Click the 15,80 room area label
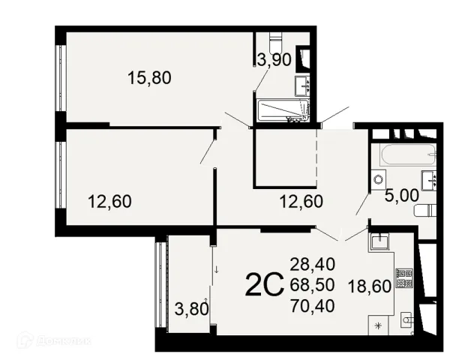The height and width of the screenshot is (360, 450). [149, 78]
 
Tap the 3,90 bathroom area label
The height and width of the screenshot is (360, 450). [274, 60]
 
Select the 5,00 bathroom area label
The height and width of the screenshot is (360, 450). [401, 196]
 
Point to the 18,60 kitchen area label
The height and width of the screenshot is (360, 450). [370, 286]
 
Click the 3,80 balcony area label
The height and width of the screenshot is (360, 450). [192, 310]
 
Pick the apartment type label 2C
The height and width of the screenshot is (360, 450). [265, 285]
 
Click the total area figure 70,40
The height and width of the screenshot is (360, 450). [313, 305]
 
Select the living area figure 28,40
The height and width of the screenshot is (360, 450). [313, 265]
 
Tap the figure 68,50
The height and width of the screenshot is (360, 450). [313, 285]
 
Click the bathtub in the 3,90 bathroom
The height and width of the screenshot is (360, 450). [283, 110]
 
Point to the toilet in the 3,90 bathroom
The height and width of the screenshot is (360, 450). [276, 41]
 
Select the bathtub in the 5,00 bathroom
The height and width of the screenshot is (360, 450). [408, 154]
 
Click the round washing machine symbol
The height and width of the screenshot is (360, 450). [378, 180]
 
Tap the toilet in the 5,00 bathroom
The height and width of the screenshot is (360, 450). [425, 211]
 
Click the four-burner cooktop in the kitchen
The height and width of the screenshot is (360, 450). [404, 278]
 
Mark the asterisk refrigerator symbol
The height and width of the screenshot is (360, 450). [379, 325]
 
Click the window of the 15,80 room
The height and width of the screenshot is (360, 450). [61, 78]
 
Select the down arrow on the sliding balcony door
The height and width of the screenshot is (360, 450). [217, 269]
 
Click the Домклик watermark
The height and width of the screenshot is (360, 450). [55, 341]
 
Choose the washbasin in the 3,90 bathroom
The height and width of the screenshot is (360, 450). [302, 85]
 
